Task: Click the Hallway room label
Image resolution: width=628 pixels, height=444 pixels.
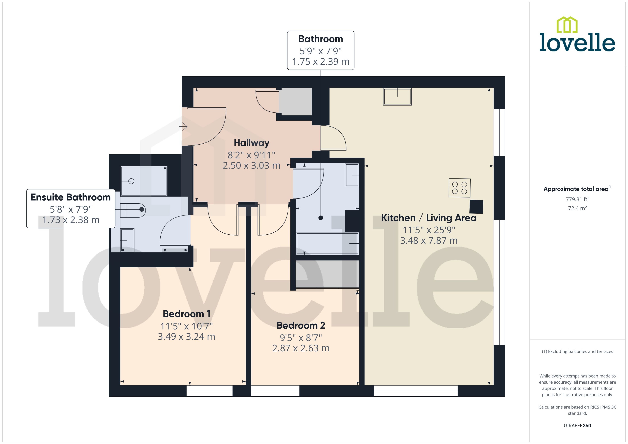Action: [x=251, y=143]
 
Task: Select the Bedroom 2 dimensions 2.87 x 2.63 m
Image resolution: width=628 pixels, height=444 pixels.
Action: [x=301, y=348]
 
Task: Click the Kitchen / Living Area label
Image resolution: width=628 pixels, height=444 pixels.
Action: [x=428, y=218]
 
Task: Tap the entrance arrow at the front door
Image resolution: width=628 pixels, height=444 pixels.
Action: [x=183, y=126]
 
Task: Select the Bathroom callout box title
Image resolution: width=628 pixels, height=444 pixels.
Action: [x=320, y=39]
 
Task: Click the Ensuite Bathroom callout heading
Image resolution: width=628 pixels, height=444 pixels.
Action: [x=71, y=197]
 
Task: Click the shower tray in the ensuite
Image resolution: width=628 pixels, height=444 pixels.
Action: [x=144, y=181]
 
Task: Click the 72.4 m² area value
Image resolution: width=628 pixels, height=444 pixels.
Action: [x=577, y=208]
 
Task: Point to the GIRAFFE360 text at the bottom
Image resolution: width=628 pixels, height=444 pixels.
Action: [x=577, y=425]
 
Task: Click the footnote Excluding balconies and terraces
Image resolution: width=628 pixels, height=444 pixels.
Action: [x=577, y=351]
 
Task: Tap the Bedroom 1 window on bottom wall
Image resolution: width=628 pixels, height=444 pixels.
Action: [x=209, y=391]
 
